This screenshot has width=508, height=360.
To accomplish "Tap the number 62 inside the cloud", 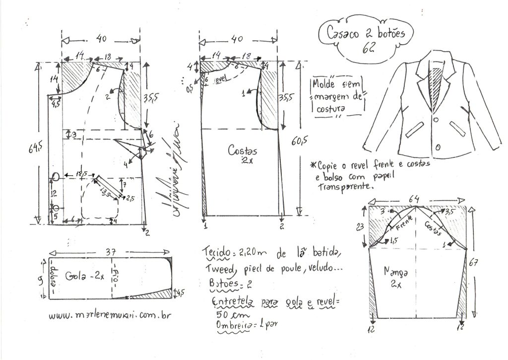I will coord(369,48).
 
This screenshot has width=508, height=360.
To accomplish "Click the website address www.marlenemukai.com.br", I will coord(107,316).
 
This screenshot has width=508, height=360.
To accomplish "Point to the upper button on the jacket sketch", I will coord(435,119).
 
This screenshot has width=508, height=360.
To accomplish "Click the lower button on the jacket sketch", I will coord(438,148).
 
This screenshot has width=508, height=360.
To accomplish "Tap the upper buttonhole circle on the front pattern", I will coord(56,176).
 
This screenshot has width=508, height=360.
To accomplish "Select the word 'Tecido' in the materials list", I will coord(217,253).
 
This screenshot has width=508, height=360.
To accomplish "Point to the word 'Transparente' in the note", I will coord(345,188).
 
